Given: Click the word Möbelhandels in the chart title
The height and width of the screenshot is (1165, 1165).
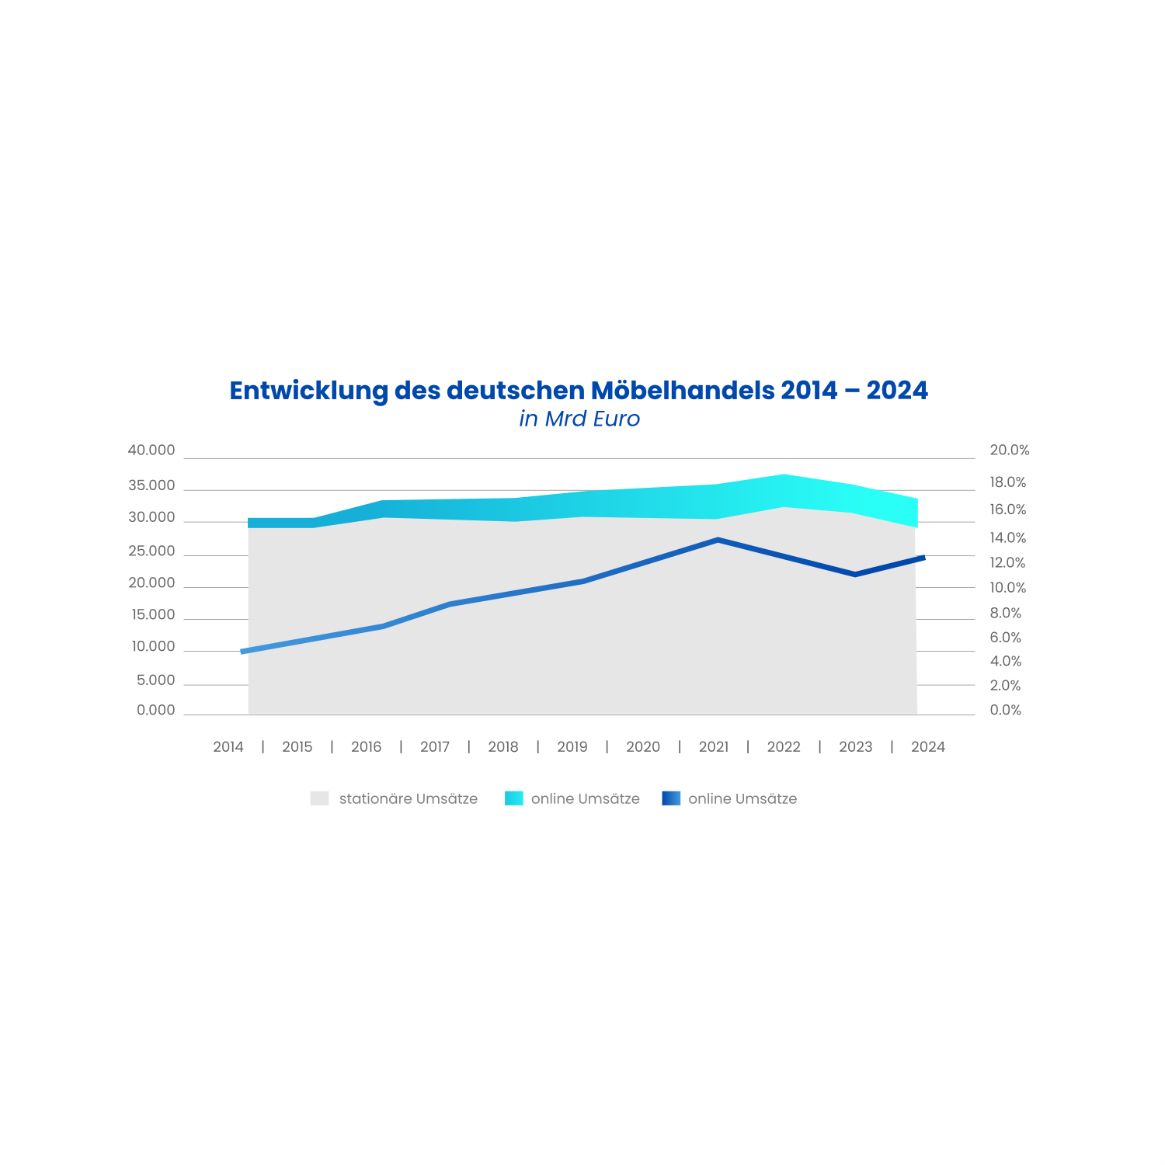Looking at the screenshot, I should (682, 390).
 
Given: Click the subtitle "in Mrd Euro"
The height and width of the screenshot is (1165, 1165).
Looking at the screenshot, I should (579, 419).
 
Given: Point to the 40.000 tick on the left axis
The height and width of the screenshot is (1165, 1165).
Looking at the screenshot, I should (151, 450).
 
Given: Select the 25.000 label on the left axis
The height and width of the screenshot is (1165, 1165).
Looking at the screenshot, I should (151, 551).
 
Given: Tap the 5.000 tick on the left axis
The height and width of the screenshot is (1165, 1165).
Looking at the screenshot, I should (155, 680).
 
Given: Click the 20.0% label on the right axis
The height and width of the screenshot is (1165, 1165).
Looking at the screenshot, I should (1009, 450).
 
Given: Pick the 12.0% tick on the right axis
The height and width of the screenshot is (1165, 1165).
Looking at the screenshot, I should (1007, 563).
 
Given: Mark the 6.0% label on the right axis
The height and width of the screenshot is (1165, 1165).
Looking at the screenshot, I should (1005, 638).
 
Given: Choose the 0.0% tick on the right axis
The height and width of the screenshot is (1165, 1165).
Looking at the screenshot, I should (1005, 710).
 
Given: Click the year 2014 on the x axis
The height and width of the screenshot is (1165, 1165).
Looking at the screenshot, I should (228, 747).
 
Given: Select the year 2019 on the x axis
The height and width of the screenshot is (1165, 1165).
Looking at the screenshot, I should (572, 747).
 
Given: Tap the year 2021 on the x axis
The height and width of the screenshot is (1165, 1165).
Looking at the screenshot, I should (714, 747).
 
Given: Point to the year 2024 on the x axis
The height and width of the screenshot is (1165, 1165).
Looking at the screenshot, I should (927, 747).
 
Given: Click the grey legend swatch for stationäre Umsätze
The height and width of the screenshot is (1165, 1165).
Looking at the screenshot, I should (319, 798).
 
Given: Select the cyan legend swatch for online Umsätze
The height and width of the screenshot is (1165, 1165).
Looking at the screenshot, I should (513, 798).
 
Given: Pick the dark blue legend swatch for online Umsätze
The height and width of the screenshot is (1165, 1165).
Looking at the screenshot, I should (671, 798).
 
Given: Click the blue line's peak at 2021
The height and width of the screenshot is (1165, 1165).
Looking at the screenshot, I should (718, 540).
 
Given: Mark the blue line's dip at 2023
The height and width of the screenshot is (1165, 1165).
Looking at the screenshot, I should (855, 575).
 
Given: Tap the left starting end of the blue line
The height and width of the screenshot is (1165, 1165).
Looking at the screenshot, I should (244, 652).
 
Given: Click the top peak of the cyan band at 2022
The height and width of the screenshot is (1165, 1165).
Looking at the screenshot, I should (784, 475).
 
